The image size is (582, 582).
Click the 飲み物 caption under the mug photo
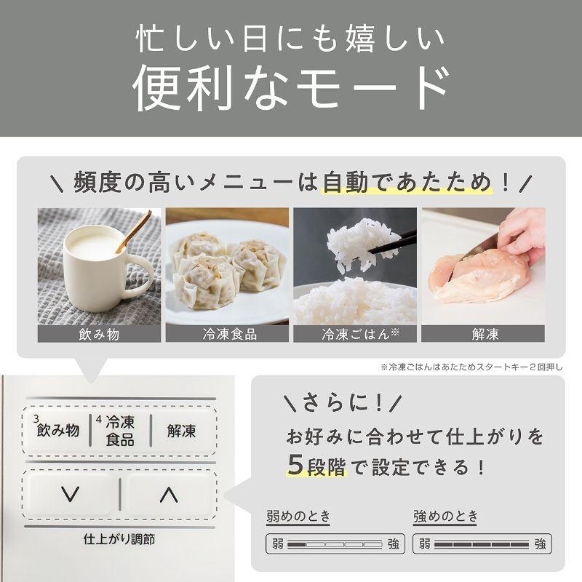click(99, 335)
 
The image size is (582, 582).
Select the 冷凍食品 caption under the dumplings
click(227, 335)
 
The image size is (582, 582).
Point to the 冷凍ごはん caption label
click(354, 335)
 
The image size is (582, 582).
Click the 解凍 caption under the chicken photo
click(482, 335)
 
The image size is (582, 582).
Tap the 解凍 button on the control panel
click(181, 430)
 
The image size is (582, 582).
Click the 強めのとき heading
click(446, 517)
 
